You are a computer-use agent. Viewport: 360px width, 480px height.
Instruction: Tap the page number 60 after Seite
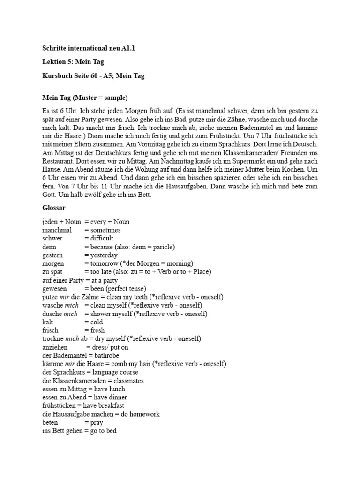point(95,75)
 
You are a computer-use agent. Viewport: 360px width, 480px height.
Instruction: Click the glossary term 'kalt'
point(47,322)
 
